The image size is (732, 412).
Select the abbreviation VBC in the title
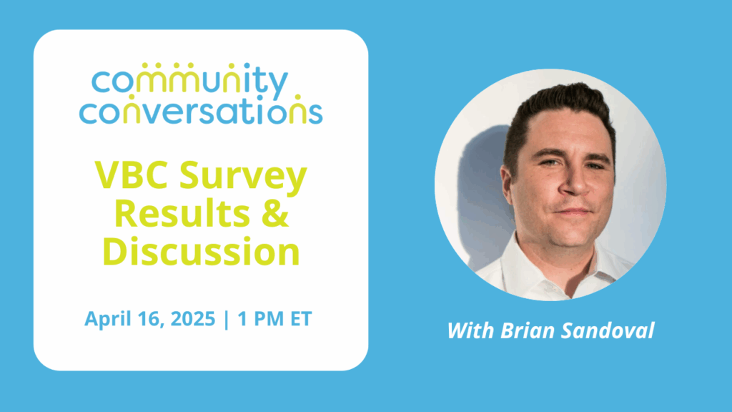[132, 175]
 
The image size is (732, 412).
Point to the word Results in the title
[182, 213]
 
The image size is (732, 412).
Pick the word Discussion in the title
[201, 252]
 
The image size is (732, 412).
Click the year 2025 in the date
[193, 318]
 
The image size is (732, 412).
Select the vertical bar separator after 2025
[227, 319]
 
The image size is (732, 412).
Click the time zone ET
[301, 318]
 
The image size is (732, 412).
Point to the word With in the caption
[470, 330]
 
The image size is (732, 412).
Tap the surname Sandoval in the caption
[608, 330]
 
